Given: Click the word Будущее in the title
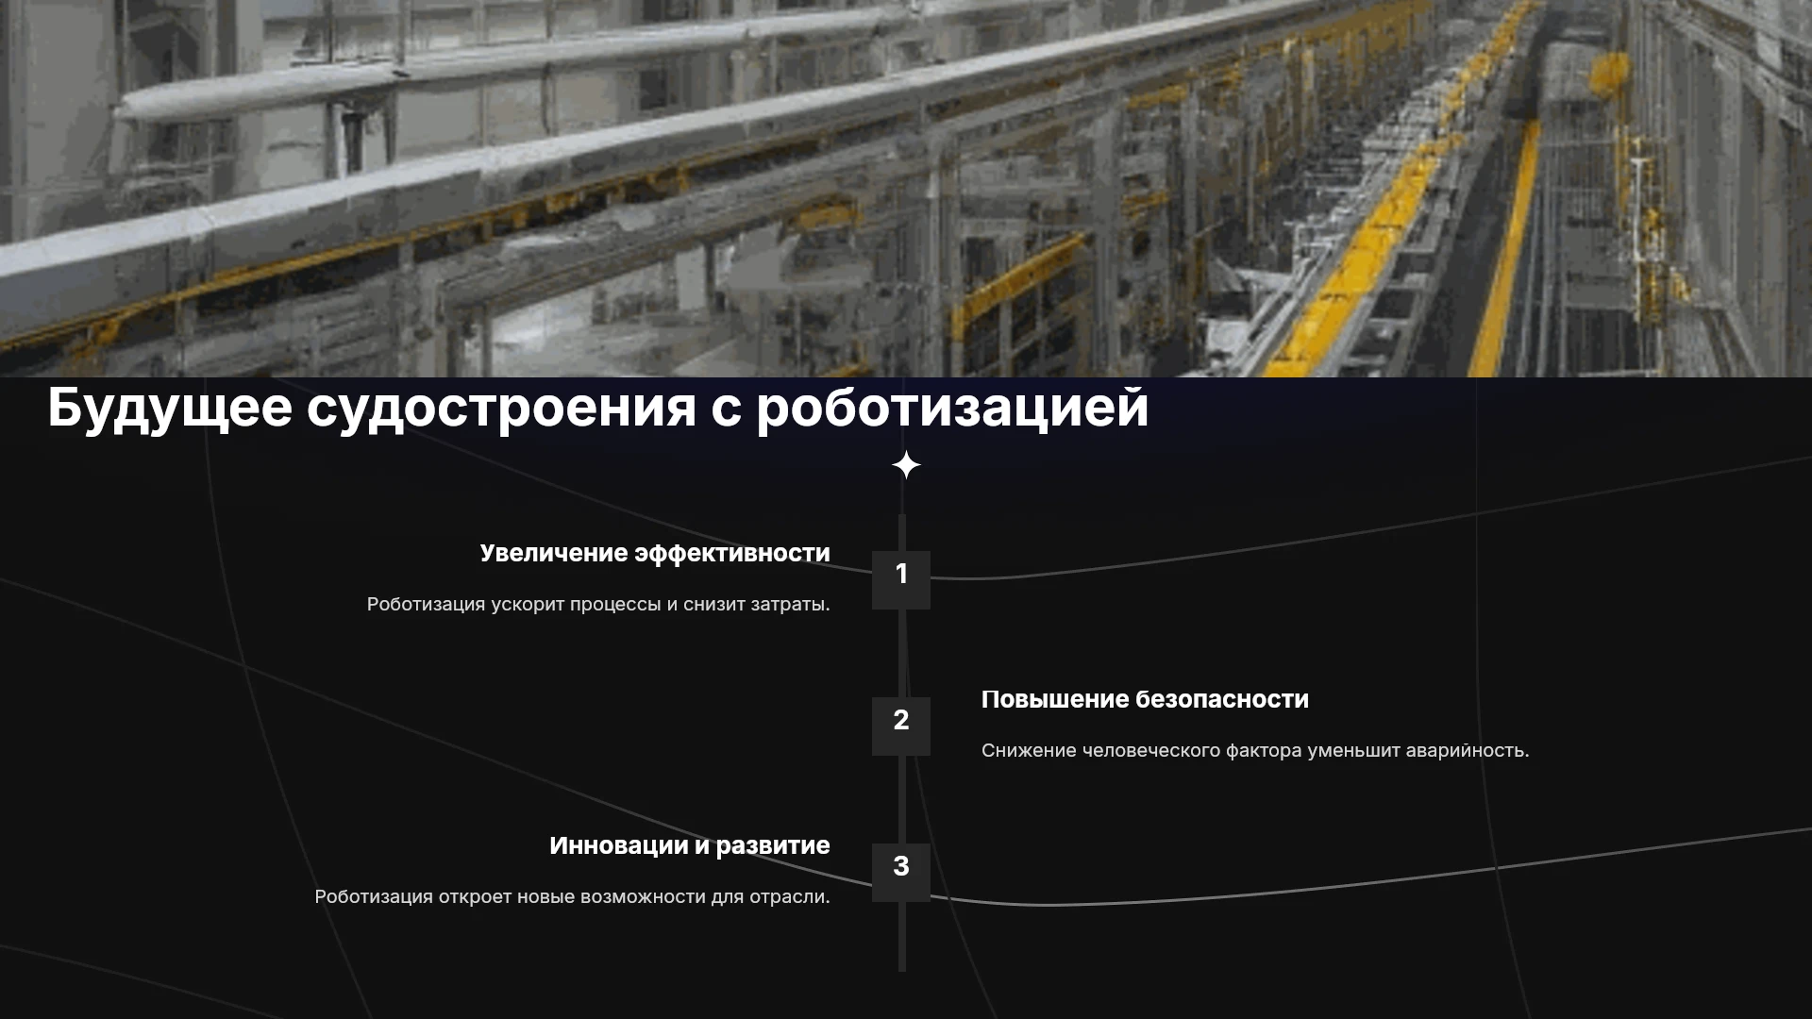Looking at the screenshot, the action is coord(170,409).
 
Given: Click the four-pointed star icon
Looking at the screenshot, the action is coord(906,465).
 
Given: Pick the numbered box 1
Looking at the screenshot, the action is coord(901,579).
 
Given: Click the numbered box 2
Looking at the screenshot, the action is coord(901,726).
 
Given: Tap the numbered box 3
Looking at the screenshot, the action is coord(901,872).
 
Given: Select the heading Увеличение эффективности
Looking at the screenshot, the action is coord(655,554).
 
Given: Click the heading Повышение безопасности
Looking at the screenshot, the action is coord(1145,699).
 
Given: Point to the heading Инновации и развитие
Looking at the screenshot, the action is coord(690,846).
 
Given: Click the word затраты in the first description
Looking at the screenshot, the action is coord(790,605).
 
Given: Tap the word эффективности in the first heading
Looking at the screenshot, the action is coord(732,554).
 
